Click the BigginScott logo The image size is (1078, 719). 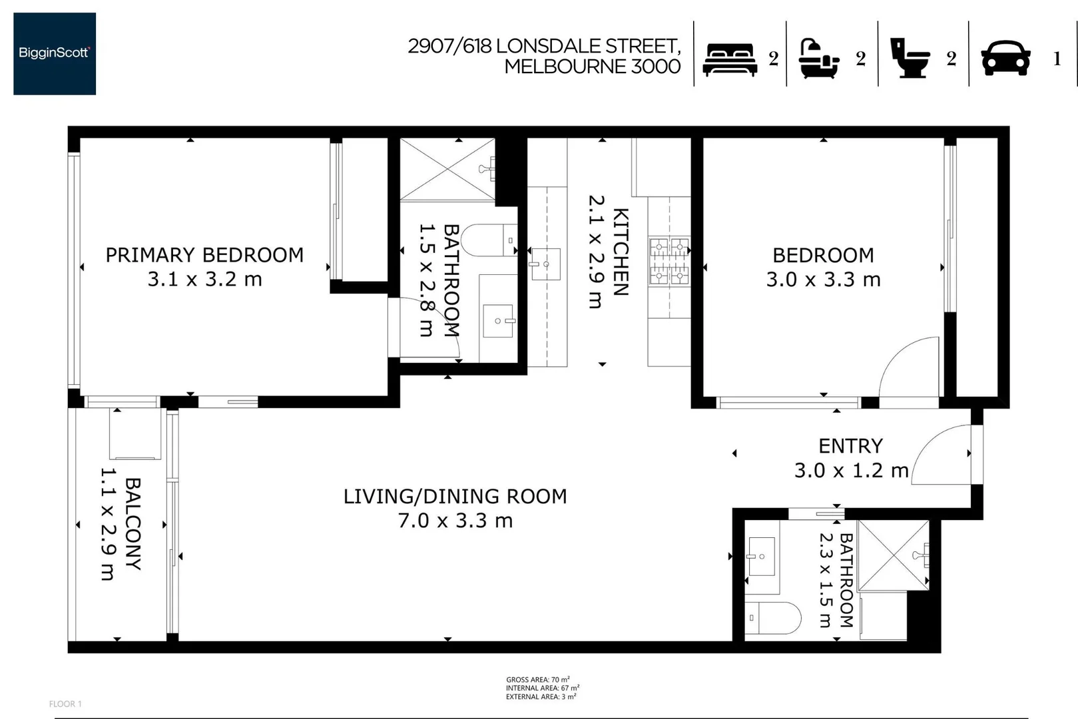[55, 53]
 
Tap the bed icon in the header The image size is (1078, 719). [730, 60]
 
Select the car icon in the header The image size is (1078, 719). [1005, 58]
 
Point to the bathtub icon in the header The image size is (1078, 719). [818, 59]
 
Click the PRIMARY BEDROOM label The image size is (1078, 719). [204, 255]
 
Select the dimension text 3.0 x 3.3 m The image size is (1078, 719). [823, 280]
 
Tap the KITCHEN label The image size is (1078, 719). [620, 252]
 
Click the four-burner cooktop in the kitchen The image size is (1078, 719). [669, 261]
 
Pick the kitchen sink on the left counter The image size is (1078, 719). [545, 264]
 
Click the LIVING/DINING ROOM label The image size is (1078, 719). [455, 497]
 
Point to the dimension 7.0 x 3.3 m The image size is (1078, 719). [455, 521]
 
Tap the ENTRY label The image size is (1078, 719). [850, 446]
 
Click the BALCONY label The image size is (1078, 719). [133, 524]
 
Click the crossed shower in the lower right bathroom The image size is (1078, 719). [893, 555]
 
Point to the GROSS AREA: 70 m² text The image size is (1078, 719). [537, 680]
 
